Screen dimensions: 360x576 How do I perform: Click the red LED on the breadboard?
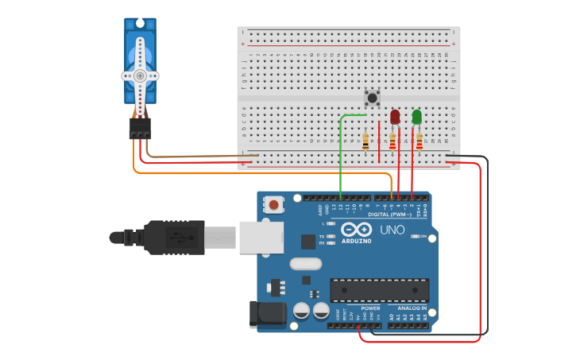point(395,117)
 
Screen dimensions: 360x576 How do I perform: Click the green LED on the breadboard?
point(417,117)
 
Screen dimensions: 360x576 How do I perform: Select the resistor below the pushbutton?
point(365,141)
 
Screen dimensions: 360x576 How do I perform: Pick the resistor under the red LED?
point(392,141)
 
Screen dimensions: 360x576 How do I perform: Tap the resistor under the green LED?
point(419,141)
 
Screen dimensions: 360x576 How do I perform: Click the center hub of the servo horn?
point(140,75)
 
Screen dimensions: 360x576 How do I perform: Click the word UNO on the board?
point(392,230)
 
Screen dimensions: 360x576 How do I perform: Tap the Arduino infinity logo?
point(356,230)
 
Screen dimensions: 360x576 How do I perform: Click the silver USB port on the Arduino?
point(261,236)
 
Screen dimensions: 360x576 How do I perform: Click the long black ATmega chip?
point(380,290)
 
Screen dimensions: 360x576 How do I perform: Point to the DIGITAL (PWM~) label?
point(394,215)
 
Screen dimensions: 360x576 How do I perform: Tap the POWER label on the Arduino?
point(370,308)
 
